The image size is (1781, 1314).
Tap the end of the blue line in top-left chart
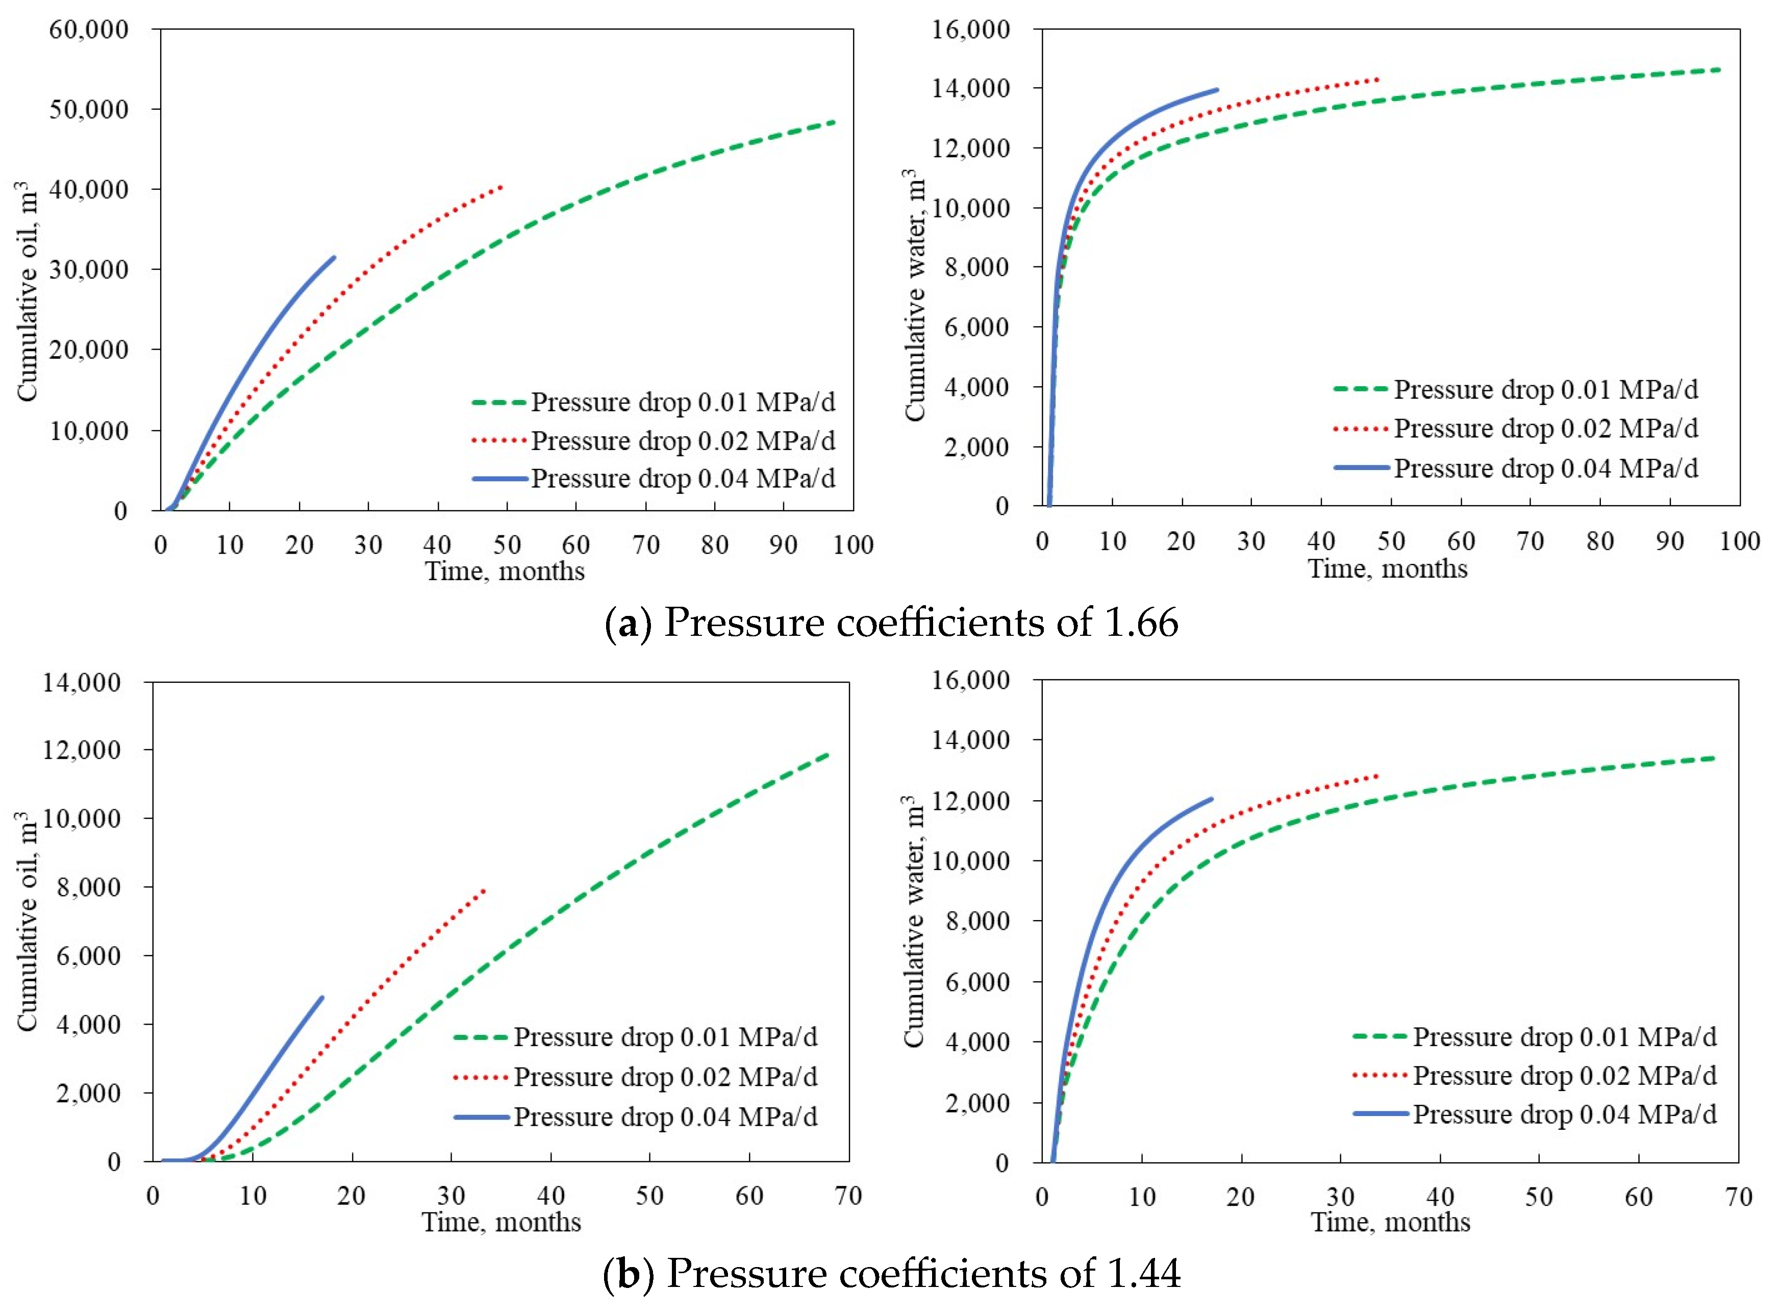point(334,257)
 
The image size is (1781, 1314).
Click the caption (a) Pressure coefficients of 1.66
point(891,623)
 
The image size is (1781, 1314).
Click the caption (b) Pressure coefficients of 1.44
point(891,1274)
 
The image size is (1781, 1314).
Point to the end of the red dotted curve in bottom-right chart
point(1377,776)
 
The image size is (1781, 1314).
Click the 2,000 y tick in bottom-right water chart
point(976,1103)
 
